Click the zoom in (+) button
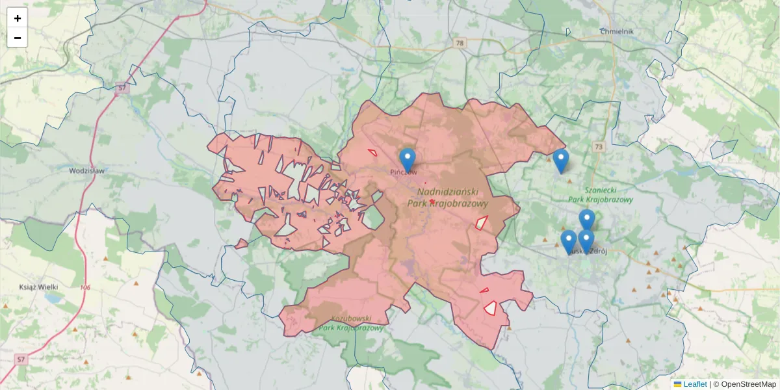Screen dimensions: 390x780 coord(18,18)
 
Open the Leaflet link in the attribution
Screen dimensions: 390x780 coord(694,384)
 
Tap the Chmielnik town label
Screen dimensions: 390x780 coord(617,31)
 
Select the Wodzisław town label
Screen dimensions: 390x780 coord(86,171)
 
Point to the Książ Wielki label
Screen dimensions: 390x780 coord(39,287)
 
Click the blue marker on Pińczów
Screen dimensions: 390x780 coord(408,159)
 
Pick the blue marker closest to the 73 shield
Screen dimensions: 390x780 coord(560,160)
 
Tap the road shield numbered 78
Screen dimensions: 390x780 coord(460,44)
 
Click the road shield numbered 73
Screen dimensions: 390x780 coord(598,148)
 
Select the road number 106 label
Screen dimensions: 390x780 coord(86,287)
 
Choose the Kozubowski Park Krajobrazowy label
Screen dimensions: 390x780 coord(351,323)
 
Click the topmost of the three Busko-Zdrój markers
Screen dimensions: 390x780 coord(587,220)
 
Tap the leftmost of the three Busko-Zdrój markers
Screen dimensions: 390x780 coord(569,240)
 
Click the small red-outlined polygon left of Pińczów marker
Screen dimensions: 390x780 coord(372,153)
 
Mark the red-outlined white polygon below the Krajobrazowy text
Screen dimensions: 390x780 coord(482,222)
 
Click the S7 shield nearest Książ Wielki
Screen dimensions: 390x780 coord(21,359)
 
